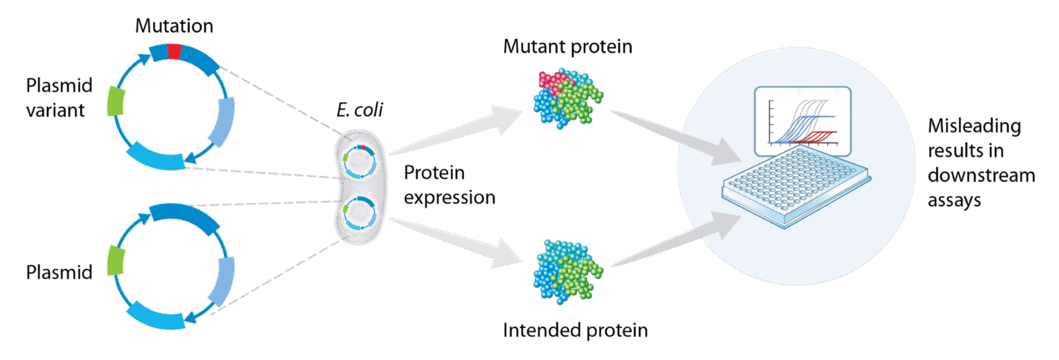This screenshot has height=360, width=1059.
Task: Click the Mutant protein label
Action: click(x=567, y=46)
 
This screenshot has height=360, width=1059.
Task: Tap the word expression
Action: click(x=449, y=198)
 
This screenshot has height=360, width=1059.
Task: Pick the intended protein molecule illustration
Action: click(x=567, y=271)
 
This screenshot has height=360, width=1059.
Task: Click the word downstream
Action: click(x=981, y=176)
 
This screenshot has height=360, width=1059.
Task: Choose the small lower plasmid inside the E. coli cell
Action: click(x=360, y=214)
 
